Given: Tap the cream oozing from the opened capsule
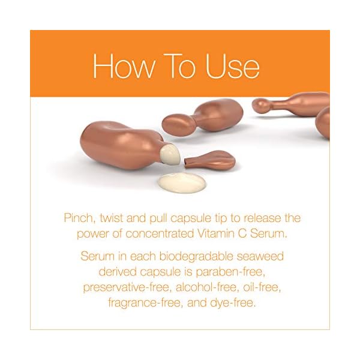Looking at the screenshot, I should coord(170,155).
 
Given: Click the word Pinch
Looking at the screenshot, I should coord(79,217).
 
